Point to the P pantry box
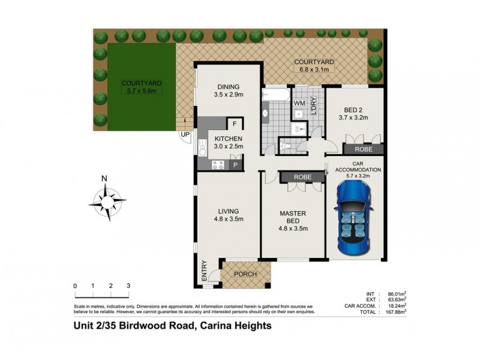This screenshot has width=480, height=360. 235,164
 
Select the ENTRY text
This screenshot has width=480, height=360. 204,272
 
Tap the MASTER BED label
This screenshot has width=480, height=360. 293,217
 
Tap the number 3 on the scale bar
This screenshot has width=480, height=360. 128,286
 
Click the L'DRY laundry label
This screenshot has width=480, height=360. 313,103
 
